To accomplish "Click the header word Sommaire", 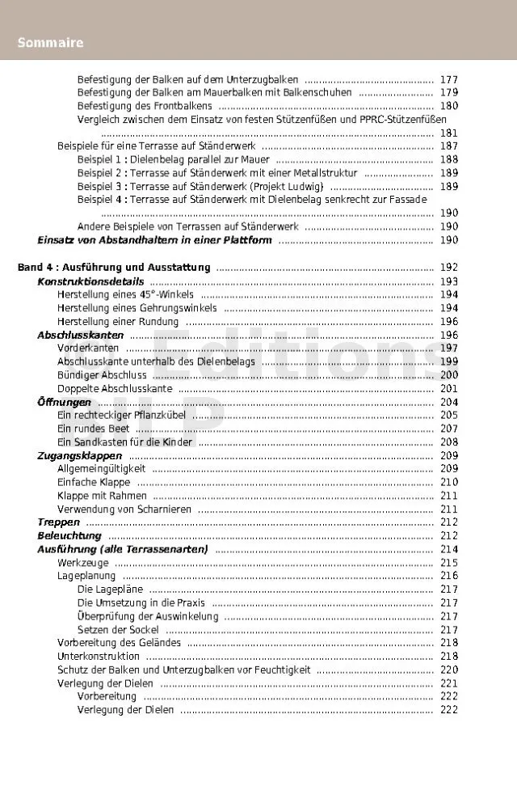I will coord(51,43).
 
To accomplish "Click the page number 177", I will coord(449,80).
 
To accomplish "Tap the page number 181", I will coord(449,133).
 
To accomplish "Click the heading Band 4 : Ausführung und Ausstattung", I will coord(114,268).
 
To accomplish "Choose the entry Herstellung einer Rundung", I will coord(118,322).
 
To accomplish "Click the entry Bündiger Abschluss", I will coord(102,374).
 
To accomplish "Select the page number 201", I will coord(449,389).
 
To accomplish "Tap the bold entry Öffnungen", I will coord(64,402).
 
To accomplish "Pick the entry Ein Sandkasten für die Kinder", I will coord(124,442).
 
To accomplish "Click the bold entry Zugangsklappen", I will coord(79,456).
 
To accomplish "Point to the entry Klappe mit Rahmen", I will coord(102,496).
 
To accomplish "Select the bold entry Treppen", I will coord(58,522).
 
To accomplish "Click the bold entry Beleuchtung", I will coord(69,536).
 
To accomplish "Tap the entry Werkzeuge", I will coord(82,563).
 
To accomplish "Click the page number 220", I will coord(449,670).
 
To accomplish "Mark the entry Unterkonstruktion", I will coord(99,657).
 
